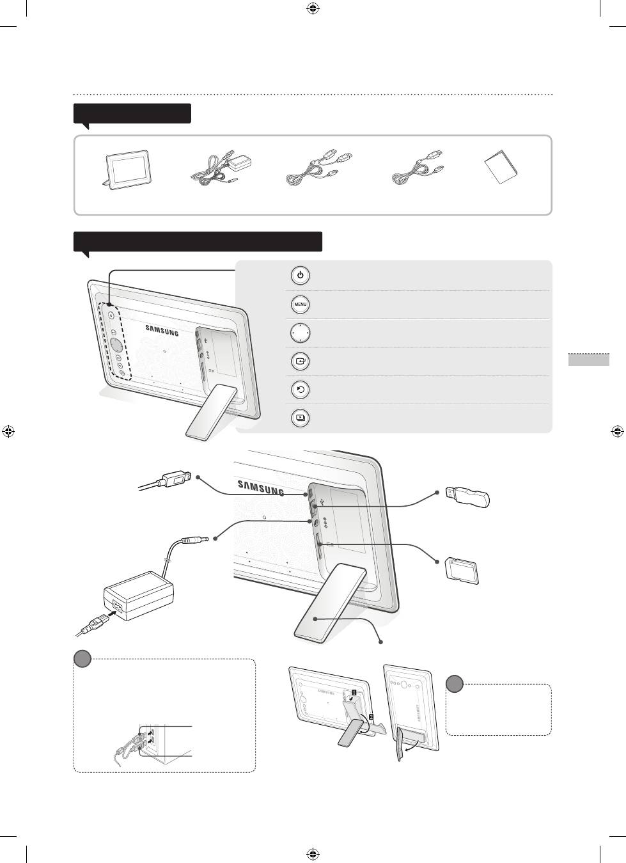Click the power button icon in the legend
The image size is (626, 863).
point(301,276)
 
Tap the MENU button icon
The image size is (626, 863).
point(301,304)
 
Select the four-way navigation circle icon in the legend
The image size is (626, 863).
point(301,333)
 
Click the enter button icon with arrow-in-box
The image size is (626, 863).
point(301,361)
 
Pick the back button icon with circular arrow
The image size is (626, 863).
point(301,390)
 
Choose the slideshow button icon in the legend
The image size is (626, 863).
point(301,418)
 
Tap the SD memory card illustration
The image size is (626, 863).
point(462,571)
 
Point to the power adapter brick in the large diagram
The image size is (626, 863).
point(138,596)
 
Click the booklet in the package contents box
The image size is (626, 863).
point(501,167)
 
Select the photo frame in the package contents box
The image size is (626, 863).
point(127,170)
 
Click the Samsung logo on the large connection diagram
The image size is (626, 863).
point(261,487)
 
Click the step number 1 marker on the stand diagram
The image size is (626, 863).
point(354,692)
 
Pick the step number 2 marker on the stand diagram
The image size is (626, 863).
point(371,717)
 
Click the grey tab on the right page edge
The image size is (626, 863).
point(589,360)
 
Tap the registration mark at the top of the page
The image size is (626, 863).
point(313,8)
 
